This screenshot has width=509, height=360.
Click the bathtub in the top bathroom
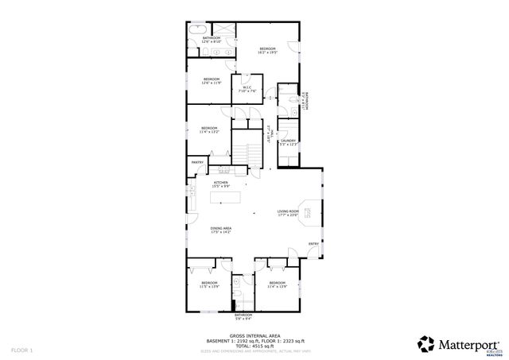[x=196, y=29]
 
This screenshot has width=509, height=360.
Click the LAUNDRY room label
[x=288, y=142]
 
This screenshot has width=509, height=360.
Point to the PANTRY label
[x=198, y=163]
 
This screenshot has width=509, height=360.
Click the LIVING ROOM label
[x=287, y=212]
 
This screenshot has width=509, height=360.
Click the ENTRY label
[x=313, y=244]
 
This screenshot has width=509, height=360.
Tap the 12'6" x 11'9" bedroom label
[x=212, y=80]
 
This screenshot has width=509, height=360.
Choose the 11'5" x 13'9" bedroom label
[x=209, y=285]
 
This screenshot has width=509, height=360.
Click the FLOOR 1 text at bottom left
[x=21, y=350]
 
